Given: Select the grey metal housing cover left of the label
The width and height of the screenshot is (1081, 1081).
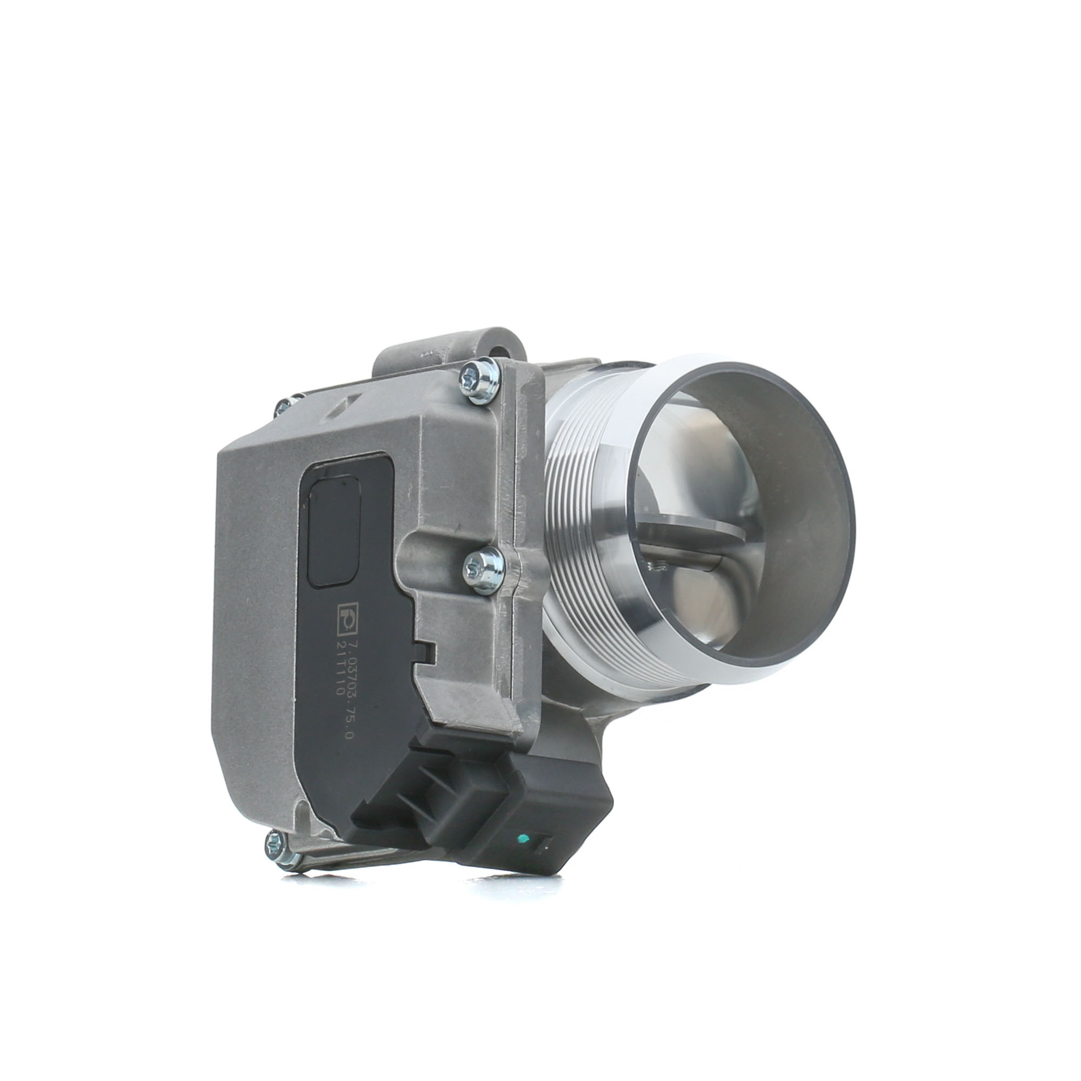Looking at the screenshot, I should point(257,616).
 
